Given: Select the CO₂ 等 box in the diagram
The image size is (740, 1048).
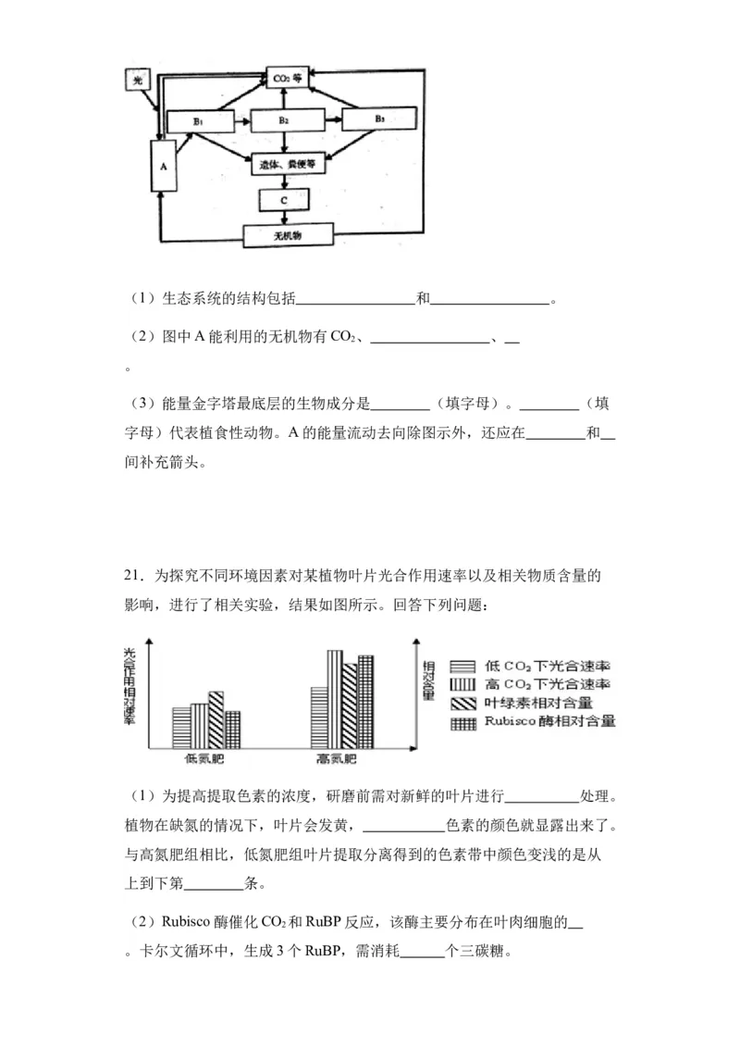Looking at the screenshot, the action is point(285,78).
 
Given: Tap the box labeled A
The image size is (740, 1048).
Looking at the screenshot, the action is point(163,167).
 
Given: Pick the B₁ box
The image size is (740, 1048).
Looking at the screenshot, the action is point(197,120).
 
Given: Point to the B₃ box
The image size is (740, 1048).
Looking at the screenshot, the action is point(379,120).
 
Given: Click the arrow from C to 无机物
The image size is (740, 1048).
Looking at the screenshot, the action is point(285,218).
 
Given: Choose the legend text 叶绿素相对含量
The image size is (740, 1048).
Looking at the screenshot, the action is point(544,703).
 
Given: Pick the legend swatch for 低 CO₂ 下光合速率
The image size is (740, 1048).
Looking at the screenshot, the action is point(462,666).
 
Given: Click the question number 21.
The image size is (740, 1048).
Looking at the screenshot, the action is point(134,577).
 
